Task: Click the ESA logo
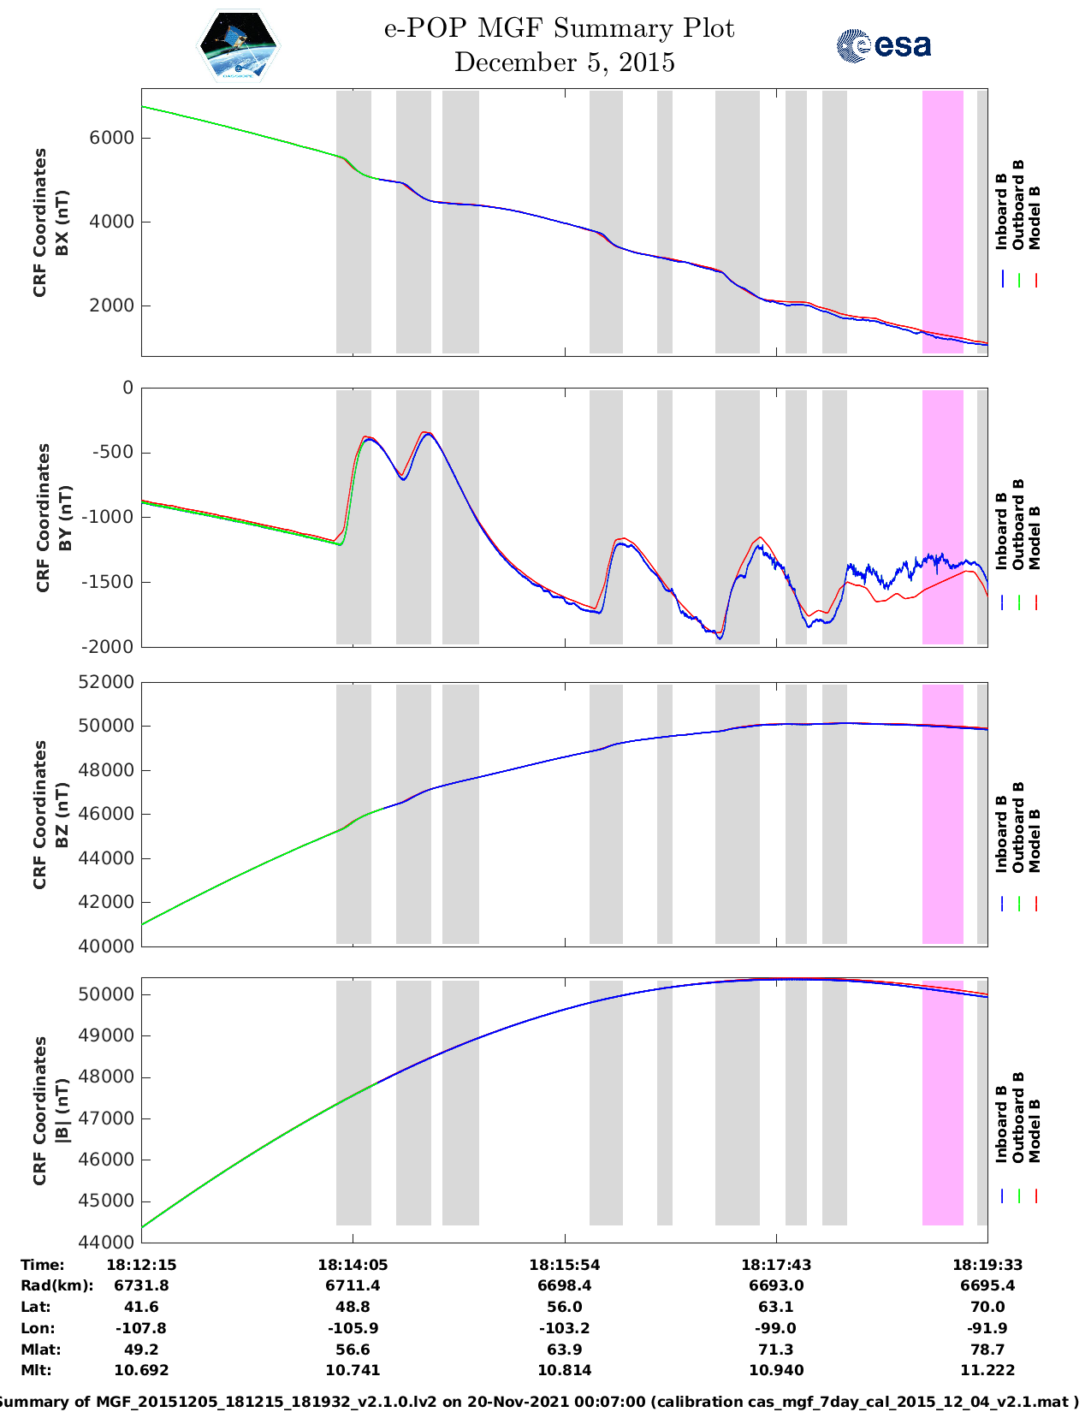(883, 45)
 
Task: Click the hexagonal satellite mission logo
(239, 46)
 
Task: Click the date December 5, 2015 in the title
(564, 62)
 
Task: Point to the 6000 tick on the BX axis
(113, 138)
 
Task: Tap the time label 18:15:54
(564, 1265)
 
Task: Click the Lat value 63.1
(775, 1307)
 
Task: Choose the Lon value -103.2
(564, 1328)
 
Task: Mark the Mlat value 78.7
(987, 1350)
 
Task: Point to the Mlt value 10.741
(353, 1370)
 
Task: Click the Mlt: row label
(36, 1370)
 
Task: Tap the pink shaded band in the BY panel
(942, 517)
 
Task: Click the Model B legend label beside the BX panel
(1034, 217)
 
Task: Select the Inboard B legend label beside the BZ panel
(1001, 834)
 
